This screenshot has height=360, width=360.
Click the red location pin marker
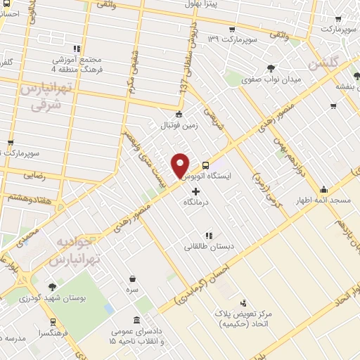pyautogui.click(x=181, y=165)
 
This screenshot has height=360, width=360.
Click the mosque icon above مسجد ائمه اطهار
pyautogui.click(x=323, y=188)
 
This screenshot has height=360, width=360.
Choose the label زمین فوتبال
pyautogui.click(x=179, y=126)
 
